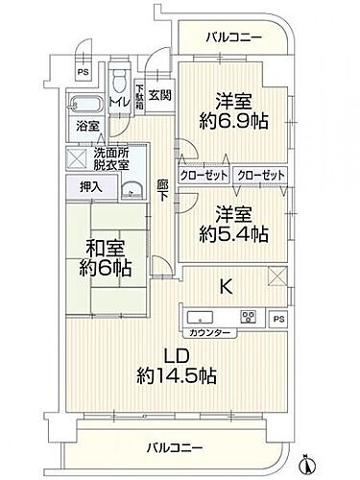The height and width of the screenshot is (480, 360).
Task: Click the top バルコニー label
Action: pos(234,39)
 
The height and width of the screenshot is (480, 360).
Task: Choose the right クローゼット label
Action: pos(260,176)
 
